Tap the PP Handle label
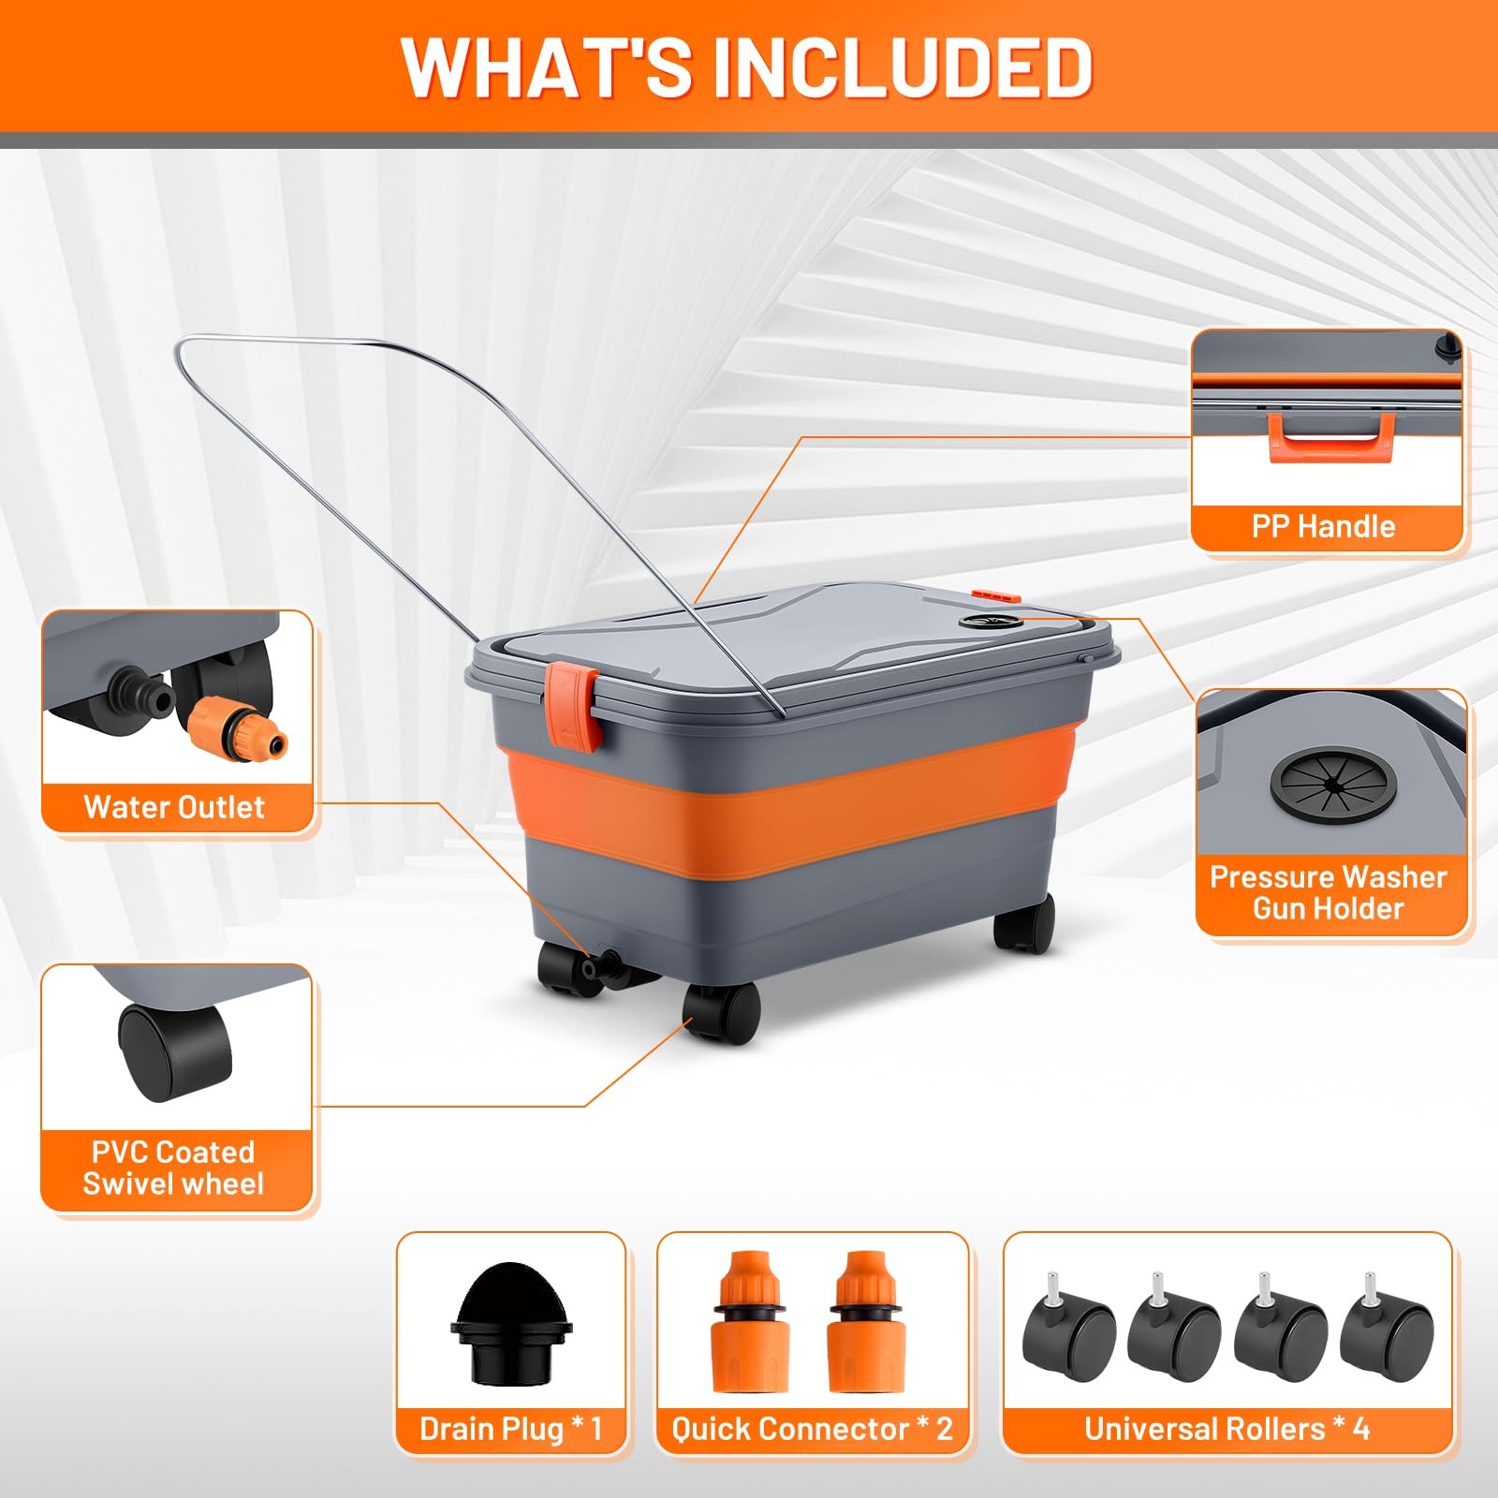pos(1323,526)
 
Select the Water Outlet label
pos(174,807)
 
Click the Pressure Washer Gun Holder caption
pos(1329,892)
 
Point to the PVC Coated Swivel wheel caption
pos(173,1168)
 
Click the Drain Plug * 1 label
pos(510,1429)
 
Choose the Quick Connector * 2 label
pos(812,1429)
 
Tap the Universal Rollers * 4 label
pos(1226,1429)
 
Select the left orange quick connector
pos(751,1321)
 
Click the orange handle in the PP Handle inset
pos(1331,438)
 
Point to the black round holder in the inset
pos(1333,779)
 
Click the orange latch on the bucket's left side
pos(572,708)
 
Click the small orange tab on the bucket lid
pos(993,595)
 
